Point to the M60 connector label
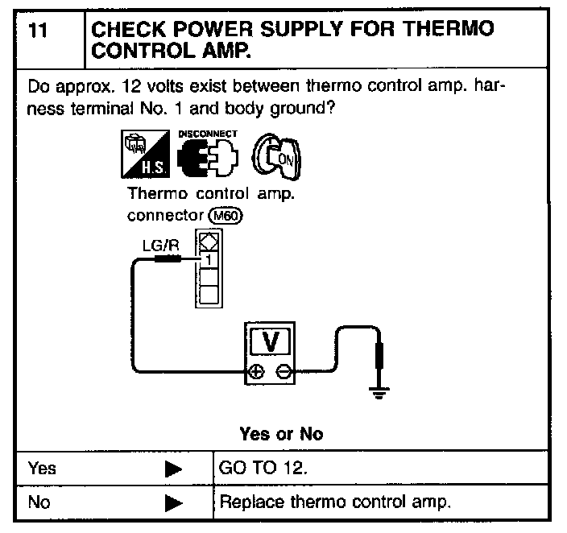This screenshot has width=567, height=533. click(225, 216)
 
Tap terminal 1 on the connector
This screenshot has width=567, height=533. click(208, 259)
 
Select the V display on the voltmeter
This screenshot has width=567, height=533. click(271, 342)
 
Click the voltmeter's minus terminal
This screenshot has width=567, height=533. click(281, 372)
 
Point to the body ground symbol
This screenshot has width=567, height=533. click(378, 391)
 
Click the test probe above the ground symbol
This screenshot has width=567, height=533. click(378, 354)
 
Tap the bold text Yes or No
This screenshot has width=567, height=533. click(281, 433)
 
